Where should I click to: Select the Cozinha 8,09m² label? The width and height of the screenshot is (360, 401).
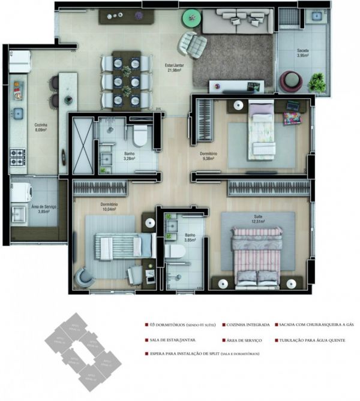pyautogui.click(x=41, y=127)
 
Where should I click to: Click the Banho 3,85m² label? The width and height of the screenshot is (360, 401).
pyautogui.click(x=190, y=237)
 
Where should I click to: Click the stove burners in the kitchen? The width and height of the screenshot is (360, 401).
pyautogui.click(x=17, y=157)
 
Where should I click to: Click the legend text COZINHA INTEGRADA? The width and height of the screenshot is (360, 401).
pyautogui.click(x=248, y=325)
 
